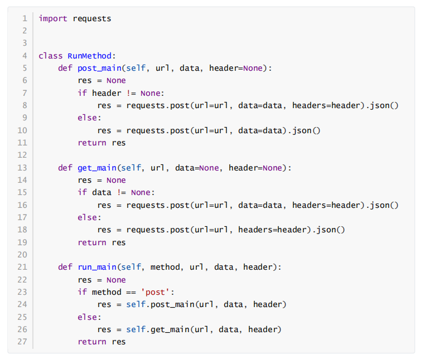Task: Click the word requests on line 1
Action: (x=92, y=18)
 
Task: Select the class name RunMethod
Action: (x=90, y=56)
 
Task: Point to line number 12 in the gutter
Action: (x=22, y=155)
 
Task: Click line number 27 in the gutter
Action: (x=22, y=342)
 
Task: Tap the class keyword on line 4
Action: (x=51, y=56)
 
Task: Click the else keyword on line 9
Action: (x=89, y=118)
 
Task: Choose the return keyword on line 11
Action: (x=92, y=143)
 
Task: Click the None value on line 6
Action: (x=116, y=80)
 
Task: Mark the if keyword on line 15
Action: (x=82, y=192)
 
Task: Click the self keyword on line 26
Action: (x=136, y=329)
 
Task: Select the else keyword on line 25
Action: (x=89, y=317)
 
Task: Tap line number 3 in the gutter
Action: (x=25, y=43)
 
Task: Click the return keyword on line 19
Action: (x=92, y=242)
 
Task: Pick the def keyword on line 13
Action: (x=65, y=168)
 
